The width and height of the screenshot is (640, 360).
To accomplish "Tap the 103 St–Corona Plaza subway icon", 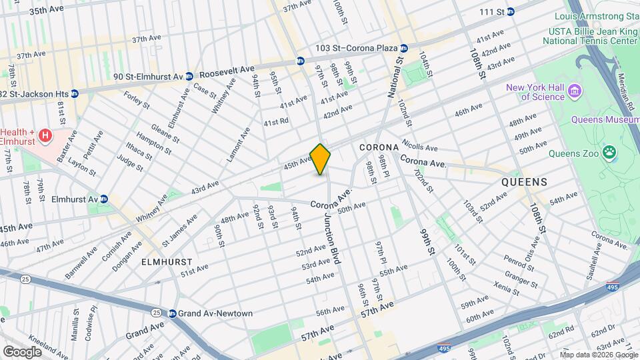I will [404, 48].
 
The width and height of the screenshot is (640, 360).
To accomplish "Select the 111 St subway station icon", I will [511, 11].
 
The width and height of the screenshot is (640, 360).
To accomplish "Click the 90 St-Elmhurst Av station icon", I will [189, 77].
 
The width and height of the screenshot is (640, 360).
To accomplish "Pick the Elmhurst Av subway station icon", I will [103, 199].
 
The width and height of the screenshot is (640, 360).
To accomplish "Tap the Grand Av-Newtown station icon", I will [171, 313].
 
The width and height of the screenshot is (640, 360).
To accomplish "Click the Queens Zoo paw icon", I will [610, 153].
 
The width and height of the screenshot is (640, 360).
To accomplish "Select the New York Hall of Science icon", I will [575, 90].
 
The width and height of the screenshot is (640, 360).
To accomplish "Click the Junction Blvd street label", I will [332, 239].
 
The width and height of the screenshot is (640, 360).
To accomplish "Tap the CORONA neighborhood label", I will [379, 147].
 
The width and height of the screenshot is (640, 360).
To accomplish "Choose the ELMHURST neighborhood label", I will [167, 263].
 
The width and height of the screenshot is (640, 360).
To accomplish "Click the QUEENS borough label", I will [525, 181].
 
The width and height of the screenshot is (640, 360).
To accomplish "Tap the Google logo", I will [22, 351].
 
